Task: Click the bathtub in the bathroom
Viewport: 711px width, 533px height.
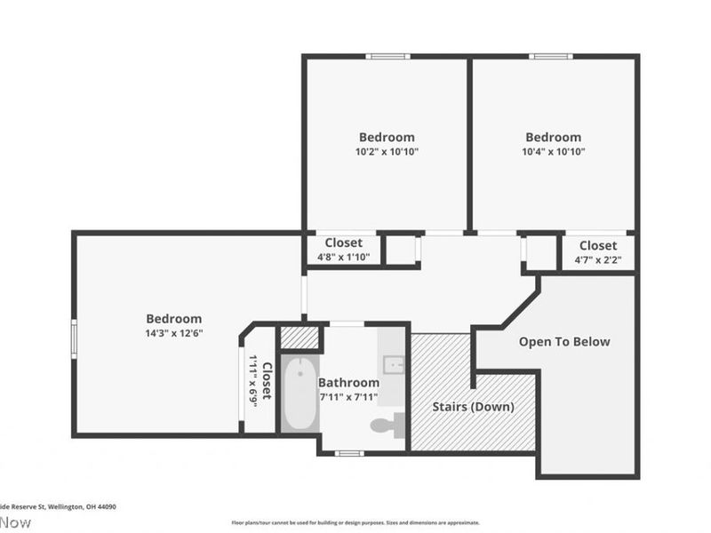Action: (x=300, y=394)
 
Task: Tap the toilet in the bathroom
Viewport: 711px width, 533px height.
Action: (x=387, y=426)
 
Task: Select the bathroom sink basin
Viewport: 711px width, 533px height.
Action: (x=394, y=364)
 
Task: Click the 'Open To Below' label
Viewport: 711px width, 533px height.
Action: (x=564, y=342)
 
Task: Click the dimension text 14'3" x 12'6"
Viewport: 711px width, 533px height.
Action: (x=174, y=333)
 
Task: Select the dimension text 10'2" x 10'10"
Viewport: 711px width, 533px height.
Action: (x=387, y=152)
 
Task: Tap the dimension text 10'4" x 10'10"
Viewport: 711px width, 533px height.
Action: (x=553, y=152)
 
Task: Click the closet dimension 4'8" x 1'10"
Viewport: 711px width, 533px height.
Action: (x=343, y=258)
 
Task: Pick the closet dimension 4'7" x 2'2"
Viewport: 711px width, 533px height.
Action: (x=598, y=260)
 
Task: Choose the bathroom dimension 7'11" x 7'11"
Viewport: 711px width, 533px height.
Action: (x=348, y=397)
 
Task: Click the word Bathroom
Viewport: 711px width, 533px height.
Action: (x=348, y=383)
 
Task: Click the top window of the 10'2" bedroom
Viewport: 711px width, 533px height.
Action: (x=388, y=57)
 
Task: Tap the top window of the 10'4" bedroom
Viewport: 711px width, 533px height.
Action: (x=551, y=57)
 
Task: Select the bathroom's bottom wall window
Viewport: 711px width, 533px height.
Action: (x=349, y=453)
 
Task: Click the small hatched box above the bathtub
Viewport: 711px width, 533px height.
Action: (x=300, y=338)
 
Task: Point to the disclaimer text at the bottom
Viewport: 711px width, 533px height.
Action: (x=355, y=523)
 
